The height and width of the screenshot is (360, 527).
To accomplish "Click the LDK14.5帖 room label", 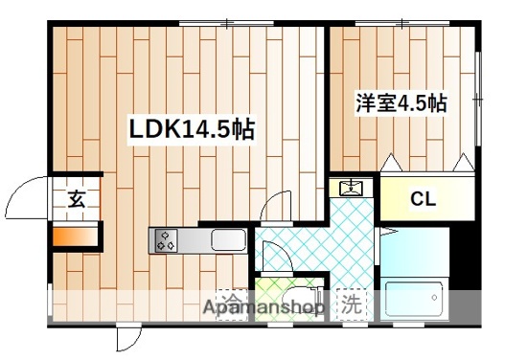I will (192, 129).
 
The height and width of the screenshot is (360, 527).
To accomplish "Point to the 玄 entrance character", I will (77, 200).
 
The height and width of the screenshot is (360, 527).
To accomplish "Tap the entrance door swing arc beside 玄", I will (24, 199).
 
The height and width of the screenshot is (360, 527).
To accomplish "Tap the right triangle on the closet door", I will (465, 165).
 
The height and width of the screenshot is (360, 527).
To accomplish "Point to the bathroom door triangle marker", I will (387, 233).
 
